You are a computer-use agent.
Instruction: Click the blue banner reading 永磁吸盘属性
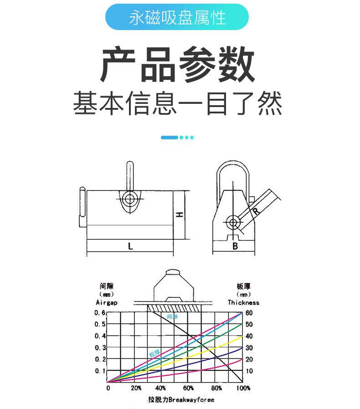177,18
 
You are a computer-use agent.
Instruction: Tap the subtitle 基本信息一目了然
177,103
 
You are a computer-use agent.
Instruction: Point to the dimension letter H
180,214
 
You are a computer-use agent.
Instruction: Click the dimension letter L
130,246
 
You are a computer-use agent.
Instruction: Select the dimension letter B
235,246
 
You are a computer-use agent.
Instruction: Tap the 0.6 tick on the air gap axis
100,313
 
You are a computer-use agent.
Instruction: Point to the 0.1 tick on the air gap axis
100,371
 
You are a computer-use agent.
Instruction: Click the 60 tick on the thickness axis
249,313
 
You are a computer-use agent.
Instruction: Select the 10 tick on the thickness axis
249,371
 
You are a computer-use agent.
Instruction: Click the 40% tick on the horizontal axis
160,388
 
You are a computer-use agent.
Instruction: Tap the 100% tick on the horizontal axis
243,388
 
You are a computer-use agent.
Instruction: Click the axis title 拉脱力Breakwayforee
180,399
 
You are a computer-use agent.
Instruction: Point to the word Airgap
106,302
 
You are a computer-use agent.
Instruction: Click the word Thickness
243,302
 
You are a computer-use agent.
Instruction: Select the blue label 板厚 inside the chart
154,353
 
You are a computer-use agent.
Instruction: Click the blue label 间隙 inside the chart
172,316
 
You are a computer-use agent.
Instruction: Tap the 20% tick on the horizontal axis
136,388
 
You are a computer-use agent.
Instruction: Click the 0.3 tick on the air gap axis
100,348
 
